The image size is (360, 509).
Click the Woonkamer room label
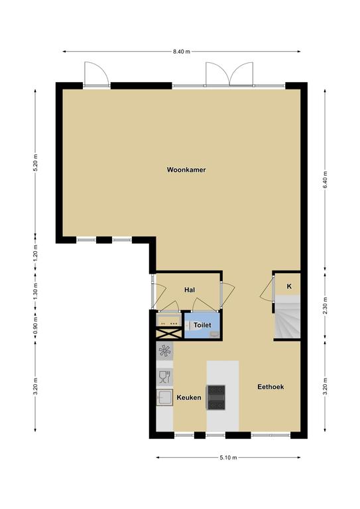point(186,170)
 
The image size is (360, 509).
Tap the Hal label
point(190,290)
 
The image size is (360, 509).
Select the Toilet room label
point(202,325)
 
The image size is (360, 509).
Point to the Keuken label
point(188,398)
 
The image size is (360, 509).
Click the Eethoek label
point(270,386)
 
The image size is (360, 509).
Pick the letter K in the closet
point(289,286)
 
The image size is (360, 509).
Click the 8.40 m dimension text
point(182,51)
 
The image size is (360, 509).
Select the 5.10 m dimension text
point(228,458)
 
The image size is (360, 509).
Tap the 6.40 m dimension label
point(325,180)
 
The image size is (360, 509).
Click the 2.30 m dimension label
point(325,306)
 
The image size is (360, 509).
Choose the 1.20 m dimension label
point(35,253)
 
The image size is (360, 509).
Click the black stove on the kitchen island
point(216,397)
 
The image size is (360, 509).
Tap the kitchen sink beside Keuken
point(164,398)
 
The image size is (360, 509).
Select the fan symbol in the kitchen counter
point(164,351)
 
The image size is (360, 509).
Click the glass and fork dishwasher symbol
point(164,377)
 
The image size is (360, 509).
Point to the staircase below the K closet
point(288,317)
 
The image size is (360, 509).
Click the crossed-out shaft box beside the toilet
point(169,333)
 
